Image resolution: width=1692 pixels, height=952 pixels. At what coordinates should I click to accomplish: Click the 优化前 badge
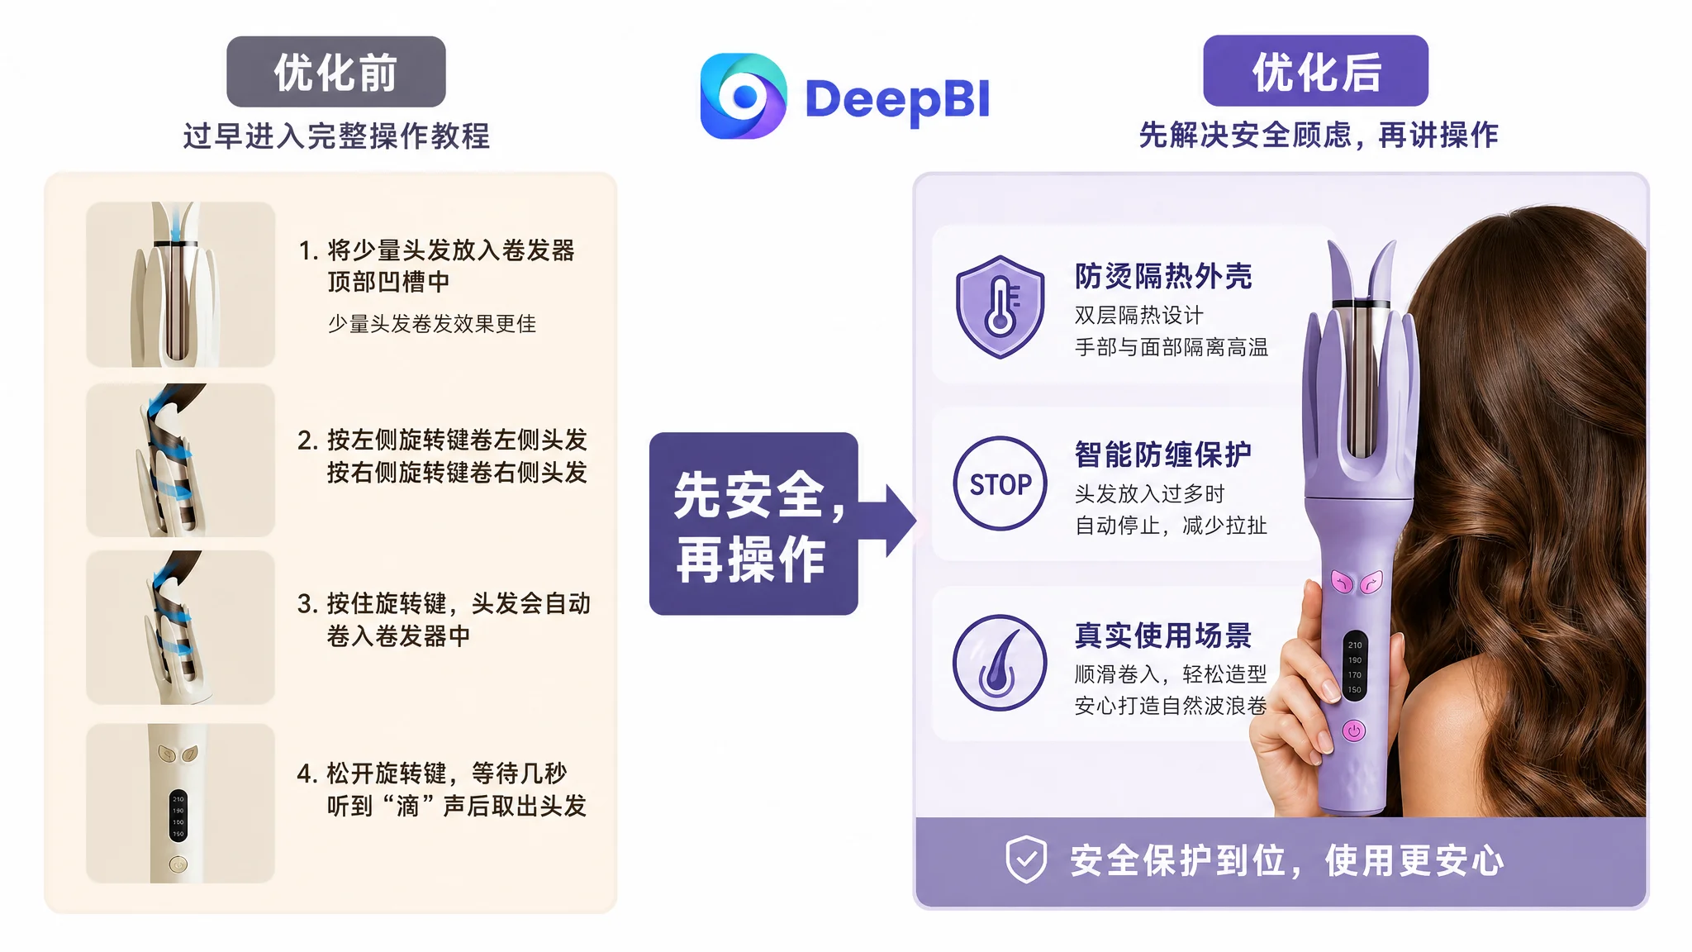(x=336, y=72)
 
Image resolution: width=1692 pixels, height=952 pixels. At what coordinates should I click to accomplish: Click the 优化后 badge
(x=1315, y=71)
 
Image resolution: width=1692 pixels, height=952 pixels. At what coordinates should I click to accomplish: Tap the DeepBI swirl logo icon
(x=743, y=97)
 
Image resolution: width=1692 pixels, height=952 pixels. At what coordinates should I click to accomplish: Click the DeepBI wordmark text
(x=897, y=99)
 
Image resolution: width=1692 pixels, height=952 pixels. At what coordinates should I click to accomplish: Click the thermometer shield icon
(x=1000, y=307)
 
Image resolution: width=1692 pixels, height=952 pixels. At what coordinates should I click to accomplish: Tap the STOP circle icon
(x=1000, y=483)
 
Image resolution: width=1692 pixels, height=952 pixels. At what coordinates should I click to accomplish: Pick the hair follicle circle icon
(x=1000, y=663)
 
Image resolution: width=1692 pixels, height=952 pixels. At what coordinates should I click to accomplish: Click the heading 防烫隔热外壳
(x=1163, y=276)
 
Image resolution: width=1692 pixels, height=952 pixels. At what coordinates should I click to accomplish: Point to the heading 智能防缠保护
(x=1163, y=455)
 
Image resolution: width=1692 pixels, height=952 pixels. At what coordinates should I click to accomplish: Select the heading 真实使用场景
(x=1163, y=635)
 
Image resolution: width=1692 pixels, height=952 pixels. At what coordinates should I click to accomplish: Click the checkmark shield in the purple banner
(x=1026, y=859)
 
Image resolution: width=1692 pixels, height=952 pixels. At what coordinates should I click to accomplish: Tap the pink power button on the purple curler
(x=1353, y=731)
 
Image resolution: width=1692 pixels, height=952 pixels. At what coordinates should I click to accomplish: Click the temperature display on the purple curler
(x=1355, y=666)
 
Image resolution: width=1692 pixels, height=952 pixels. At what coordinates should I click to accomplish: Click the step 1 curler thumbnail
(x=180, y=284)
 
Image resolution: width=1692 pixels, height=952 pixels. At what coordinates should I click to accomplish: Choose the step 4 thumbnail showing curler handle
(x=180, y=803)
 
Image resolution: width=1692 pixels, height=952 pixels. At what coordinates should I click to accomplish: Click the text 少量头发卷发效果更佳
(x=432, y=324)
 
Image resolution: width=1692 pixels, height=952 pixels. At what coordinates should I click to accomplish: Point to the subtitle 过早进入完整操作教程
(x=336, y=136)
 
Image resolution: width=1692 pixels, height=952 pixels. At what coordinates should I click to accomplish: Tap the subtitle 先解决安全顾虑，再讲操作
(x=1319, y=135)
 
